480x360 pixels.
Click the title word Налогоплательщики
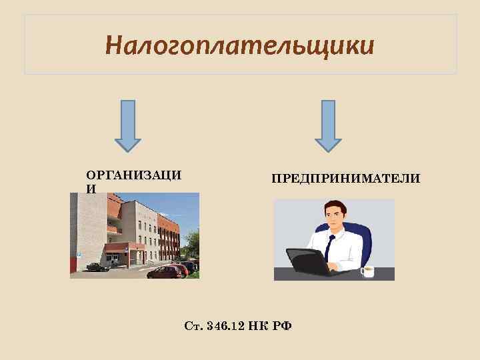click(x=240, y=46)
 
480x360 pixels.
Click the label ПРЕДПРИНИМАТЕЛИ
click(x=345, y=178)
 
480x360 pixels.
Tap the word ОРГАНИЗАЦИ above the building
click(x=133, y=175)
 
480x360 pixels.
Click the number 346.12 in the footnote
click(x=223, y=325)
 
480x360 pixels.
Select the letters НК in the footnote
click(x=257, y=325)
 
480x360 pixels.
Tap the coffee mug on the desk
click(x=367, y=270)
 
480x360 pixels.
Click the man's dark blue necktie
click(x=329, y=249)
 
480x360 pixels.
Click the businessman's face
click(x=333, y=219)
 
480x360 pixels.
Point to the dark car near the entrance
click(x=97, y=267)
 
